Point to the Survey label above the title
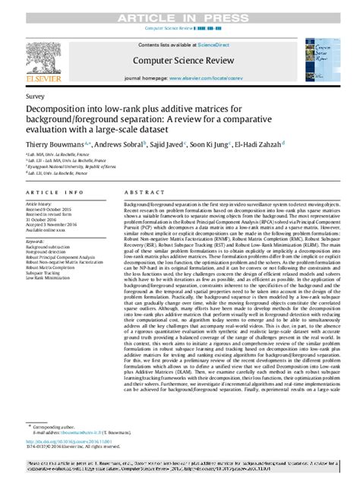pos(34,97)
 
